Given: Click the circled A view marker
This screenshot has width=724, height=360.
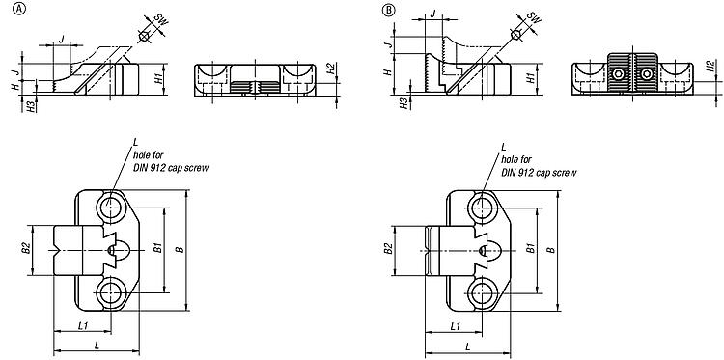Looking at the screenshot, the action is tap(19, 9).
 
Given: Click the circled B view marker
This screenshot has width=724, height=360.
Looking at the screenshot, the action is tap(389, 9).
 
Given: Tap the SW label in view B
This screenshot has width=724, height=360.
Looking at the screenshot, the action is tap(534, 18).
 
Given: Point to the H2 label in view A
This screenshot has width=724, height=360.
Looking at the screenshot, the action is tap(330, 69).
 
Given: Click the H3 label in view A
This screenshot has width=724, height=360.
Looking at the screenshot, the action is tap(30, 106).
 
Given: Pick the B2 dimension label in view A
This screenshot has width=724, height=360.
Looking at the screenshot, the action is tap(26, 250).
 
